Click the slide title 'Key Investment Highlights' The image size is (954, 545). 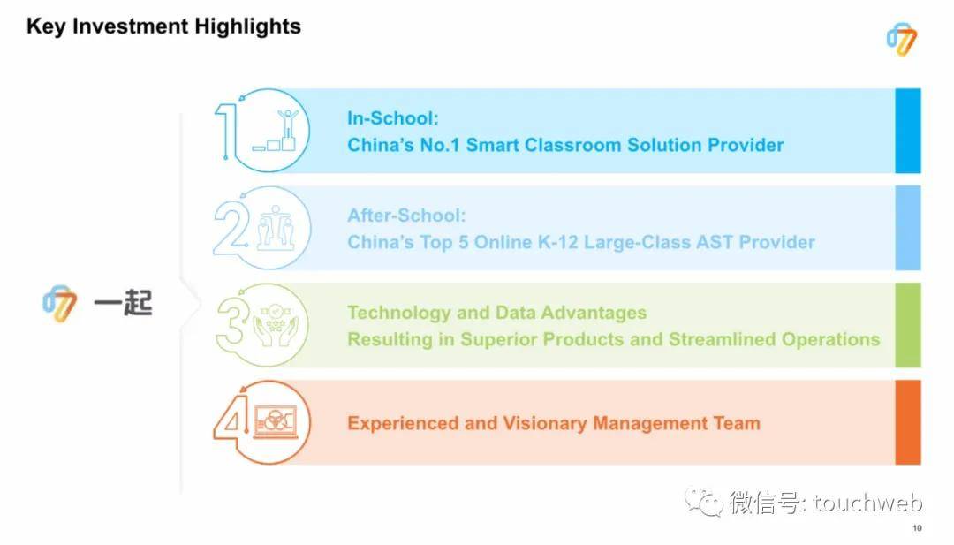pyautogui.click(x=163, y=26)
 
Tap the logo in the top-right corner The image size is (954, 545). pyautogui.click(x=902, y=40)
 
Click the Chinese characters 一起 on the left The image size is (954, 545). pyautogui.click(x=123, y=302)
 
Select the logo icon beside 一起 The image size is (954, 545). pyautogui.click(x=60, y=303)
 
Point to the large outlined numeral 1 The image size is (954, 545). pyautogui.click(x=226, y=131)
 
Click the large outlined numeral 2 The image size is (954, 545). pyautogui.click(x=231, y=228)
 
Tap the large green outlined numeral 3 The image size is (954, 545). pyautogui.click(x=232, y=325)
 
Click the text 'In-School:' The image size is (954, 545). pyautogui.click(x=392, y=118)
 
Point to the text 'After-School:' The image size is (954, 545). pyautogui.click(x=406, y=216)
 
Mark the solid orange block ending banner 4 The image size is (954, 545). pyautogui.click(x=908, y=422)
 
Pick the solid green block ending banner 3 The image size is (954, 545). pyautogui.click(x=908, y=325)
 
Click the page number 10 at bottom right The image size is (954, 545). pyautogui.click(x=917, y=528)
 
